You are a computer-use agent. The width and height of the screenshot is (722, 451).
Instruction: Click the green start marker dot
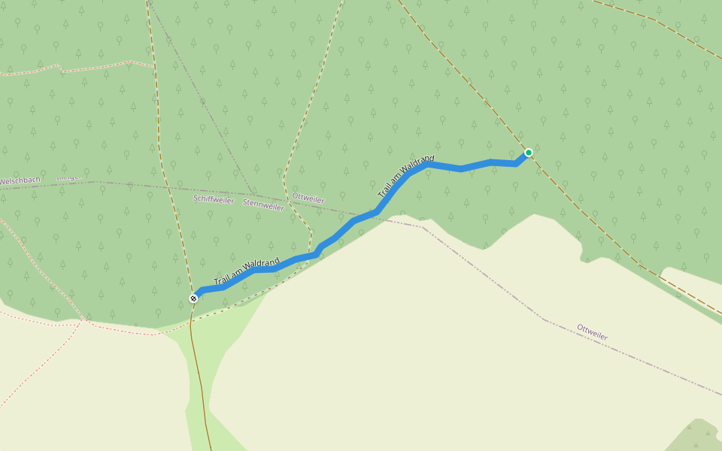click(x=528, y=153)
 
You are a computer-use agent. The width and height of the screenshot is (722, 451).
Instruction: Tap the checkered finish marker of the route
click(x=193, y=298)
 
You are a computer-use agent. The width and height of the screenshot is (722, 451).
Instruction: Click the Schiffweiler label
click(x=214, y=200)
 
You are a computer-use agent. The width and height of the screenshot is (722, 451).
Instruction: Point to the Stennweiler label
click(x=263, y=204)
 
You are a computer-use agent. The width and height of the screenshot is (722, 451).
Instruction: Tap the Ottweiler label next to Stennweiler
click(x=308, y=198)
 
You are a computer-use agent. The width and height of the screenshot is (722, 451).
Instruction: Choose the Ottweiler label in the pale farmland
click(x=592, y=332)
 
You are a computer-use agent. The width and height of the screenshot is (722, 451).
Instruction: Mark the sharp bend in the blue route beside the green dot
click(x=517, y=163)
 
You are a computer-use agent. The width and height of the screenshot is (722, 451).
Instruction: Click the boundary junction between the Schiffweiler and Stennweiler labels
click(x=251, y=192)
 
